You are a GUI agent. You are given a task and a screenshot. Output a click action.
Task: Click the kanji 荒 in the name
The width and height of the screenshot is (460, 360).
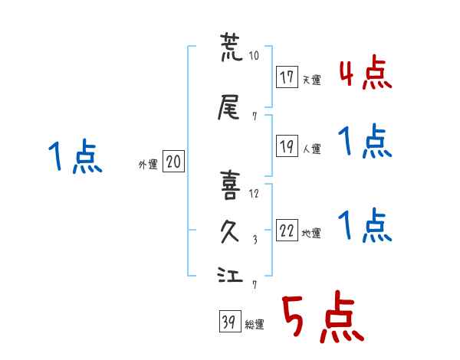pyautogui.click(x=232, y=47)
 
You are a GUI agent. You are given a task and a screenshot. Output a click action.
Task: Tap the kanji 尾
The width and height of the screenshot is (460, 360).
pyautogui.click(x=228, y=107)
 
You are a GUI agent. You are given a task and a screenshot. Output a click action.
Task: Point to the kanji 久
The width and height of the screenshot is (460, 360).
pyautogui.click(x=230, y=231)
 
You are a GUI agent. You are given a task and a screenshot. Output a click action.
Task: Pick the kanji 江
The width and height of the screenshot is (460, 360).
pyautogui.click(x=230, y=274)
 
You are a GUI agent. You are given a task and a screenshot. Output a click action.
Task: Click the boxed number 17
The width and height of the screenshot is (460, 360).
pyautogui.click(x=287, y=77)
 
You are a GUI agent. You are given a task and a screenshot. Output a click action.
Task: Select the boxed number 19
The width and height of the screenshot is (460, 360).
pyautogui.click(x=287, y=146)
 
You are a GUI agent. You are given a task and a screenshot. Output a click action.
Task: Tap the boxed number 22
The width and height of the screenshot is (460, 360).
pyautogui.click(x=287, y=230)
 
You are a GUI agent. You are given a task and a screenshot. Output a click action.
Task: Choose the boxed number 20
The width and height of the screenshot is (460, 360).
pyautogui.click(x=173, y=162)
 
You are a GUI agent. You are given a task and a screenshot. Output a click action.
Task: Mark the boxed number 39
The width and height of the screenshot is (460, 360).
pyautogui.click(x=230, y=321)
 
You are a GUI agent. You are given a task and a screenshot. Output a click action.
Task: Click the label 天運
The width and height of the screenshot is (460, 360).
pyautogui.click(x=312, y=80)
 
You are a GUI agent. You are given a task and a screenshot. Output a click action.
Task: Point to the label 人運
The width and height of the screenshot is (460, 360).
pyautogui.click(x=312, y=149)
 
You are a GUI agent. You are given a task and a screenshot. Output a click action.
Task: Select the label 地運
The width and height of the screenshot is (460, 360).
pyautogui.click(x=311, y=234)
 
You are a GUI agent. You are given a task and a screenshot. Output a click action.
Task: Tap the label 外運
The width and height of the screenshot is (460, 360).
pyautogui.click(x=148, y=165)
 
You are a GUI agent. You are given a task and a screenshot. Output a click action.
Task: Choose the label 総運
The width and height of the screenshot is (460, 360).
pyautogui.click(x=255, y=325)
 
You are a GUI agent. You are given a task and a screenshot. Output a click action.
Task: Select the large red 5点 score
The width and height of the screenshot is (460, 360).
pyautogui.click(x=324, y=316)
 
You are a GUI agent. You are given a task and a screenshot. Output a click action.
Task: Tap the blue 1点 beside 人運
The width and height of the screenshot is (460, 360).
pyautogui.click(x=365, y=141)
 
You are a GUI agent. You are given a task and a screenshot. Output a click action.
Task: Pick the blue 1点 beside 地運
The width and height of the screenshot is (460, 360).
pyautogui.click(x=365, y=225)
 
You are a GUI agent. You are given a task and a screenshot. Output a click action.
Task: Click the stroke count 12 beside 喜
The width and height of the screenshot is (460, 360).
pyautogui.click(x=254, y=194)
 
